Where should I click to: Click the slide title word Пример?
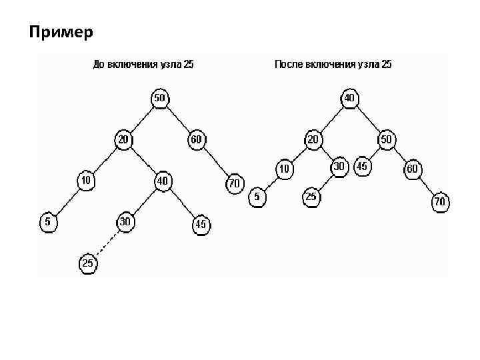(61, 31)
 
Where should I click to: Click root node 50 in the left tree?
(160, 98)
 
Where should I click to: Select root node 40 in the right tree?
(349, 98)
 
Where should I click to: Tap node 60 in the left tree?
(197, 139)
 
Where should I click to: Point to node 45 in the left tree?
(201, 225)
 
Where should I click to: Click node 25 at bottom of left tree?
(88, 264)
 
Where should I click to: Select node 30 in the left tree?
(124, 221)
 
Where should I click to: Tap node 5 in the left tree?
(48, 221)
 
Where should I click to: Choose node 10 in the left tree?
(86, 180)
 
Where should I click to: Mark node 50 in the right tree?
(386, 139)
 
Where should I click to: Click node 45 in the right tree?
(363, 166)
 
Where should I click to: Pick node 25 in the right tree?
(311, 197)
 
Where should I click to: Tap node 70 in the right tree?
(440, 201)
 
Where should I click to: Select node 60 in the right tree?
(413, 169)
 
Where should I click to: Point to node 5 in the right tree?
(257, 197)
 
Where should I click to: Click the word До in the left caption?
(98, 65)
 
